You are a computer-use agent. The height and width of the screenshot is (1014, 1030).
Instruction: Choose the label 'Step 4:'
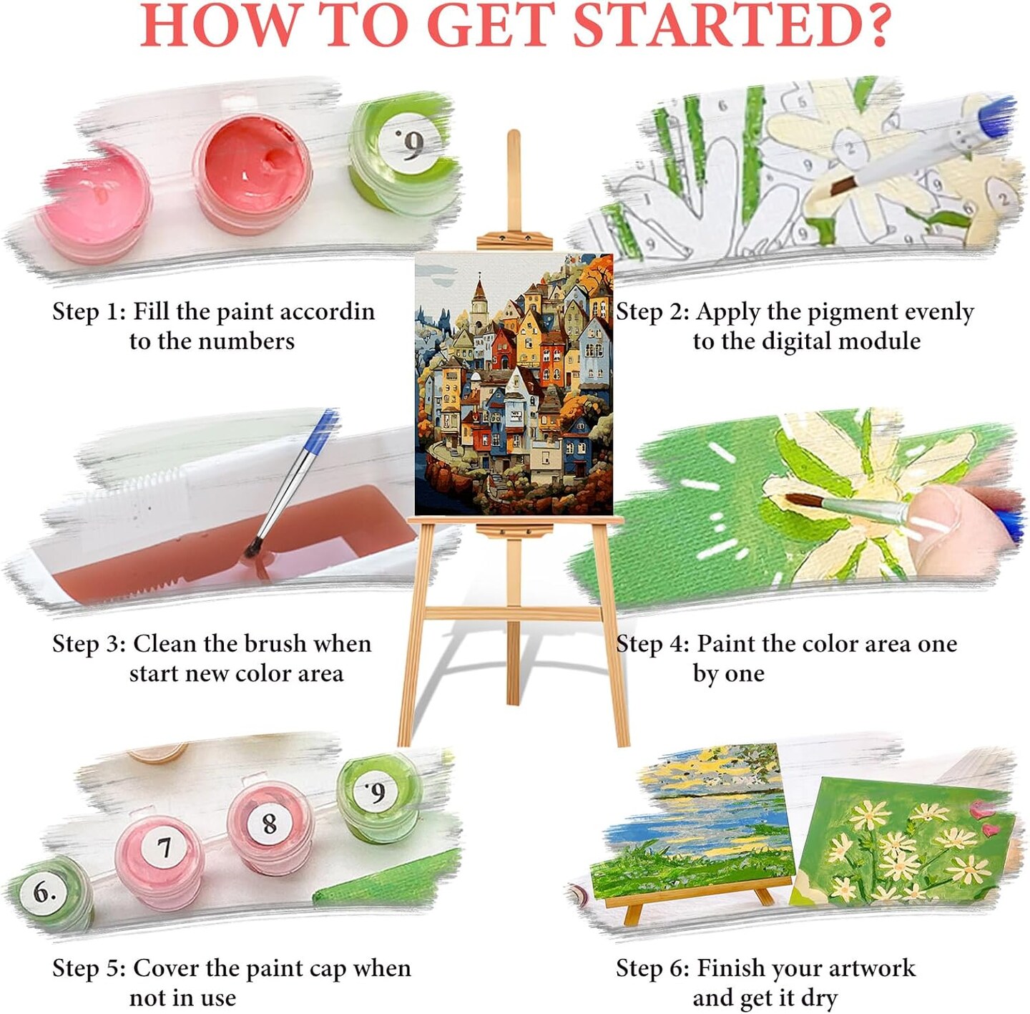click(652, 644)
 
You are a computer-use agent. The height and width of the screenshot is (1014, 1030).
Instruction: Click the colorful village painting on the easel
click(514, 384)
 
